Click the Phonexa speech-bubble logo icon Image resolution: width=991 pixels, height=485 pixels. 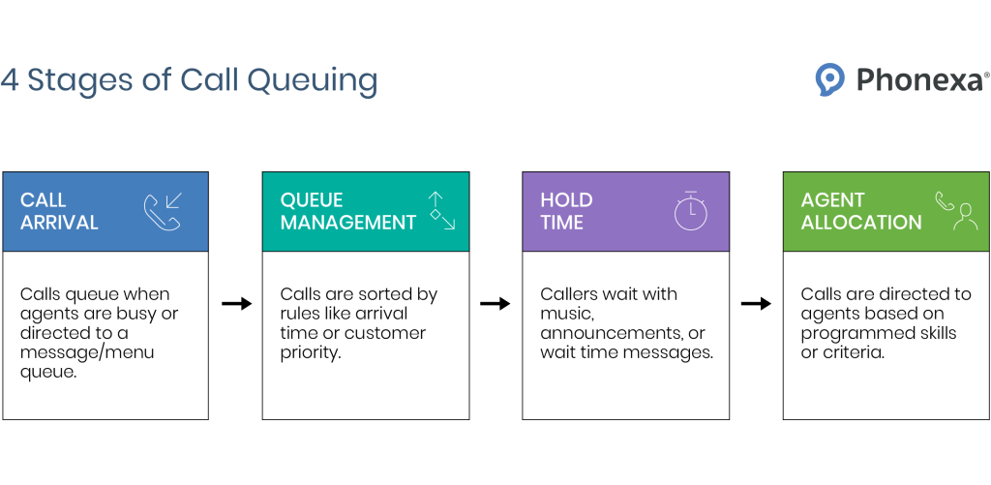point(830,79)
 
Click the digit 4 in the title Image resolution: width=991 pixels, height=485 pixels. point(10,80)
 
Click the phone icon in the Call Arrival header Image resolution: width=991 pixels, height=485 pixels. point(163,212)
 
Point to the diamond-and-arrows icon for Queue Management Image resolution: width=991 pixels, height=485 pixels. point(441,210)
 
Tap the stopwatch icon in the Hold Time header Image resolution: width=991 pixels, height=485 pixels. point(691,212)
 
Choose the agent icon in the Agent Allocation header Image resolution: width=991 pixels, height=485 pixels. point(956,211)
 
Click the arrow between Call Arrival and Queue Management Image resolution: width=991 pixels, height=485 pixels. point(236,304)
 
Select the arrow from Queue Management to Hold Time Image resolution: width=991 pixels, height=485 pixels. point(495,304)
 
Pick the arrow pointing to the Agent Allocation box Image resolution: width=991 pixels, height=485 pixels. point(756,304)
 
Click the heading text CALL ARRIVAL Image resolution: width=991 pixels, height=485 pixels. point(59,211)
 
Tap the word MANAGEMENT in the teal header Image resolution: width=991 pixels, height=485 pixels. point(348,223)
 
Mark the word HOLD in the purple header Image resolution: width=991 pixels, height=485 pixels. point(566,200)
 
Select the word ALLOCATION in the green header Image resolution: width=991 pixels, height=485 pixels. point(861,223)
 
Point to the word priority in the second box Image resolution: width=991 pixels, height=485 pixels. point(312,353)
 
